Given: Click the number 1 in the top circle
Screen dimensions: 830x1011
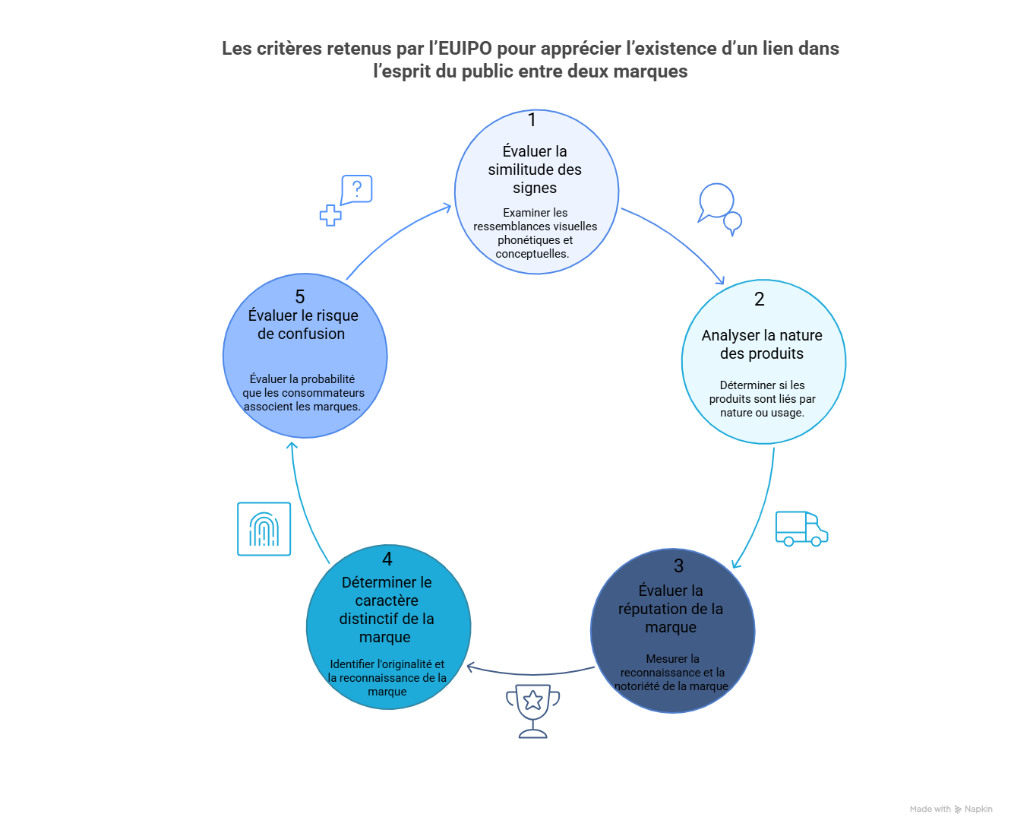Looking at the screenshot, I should pos(532,120).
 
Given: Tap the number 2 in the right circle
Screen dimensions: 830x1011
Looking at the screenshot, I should pos(759,299).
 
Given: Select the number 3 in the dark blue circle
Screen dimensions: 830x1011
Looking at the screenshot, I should pos(678,566).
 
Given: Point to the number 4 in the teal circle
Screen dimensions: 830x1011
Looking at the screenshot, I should pos(387,559).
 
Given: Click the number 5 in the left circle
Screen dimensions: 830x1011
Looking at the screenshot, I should pos(300,297).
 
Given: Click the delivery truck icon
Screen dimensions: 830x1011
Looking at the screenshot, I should pos(801,528).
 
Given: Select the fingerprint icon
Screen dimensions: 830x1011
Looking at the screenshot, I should pos(264,529).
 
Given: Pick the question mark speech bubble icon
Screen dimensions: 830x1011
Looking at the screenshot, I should pos(356,189).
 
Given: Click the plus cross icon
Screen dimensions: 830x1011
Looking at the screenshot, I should pos(330,215).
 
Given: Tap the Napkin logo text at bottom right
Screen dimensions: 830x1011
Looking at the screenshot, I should pos(978,809).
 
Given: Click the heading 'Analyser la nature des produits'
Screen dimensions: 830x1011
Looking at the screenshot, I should pos(762,344).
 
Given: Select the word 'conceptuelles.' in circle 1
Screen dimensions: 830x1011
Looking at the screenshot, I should pos(532,254).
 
